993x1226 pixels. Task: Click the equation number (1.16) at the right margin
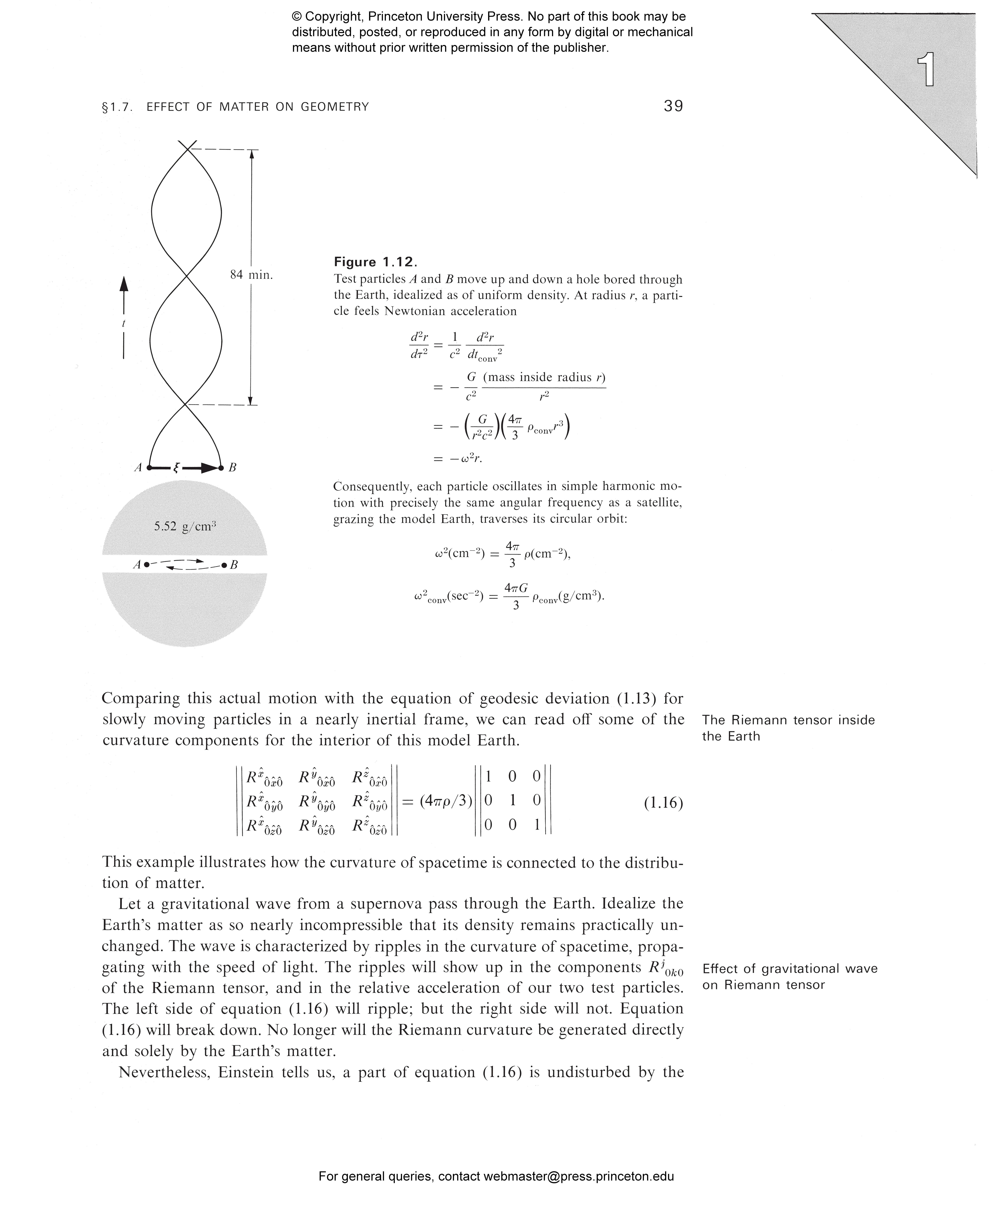(x=663, y=803)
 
